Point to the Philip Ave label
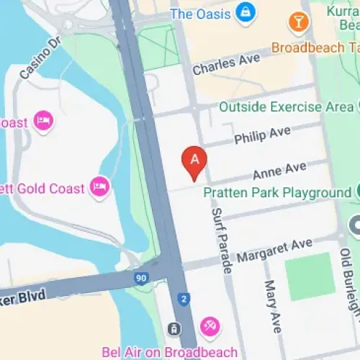pyautogui.click(x=258, y=135)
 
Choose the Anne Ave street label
pyautogui.click(x=279, y=171)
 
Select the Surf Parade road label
pyautogui.click(x=222, y=241)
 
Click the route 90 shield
pyautogui.click(x=141, y=277)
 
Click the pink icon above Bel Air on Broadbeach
pyautogui.click(x=210, y=326)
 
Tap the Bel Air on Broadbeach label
pyautogui.click(x=179, y=352)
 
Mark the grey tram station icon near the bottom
pyautogui.click(x=174, y=328)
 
